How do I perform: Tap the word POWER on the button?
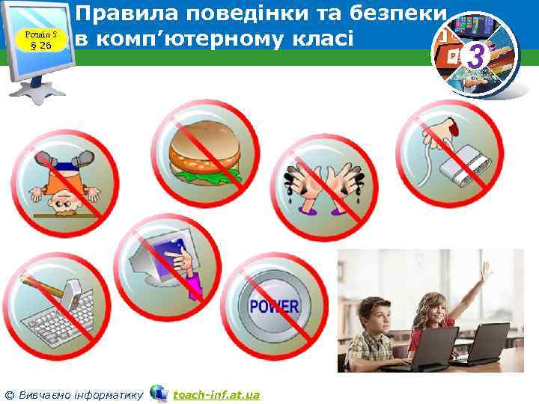tap(274, 306)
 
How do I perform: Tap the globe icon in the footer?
tap(159, 393)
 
